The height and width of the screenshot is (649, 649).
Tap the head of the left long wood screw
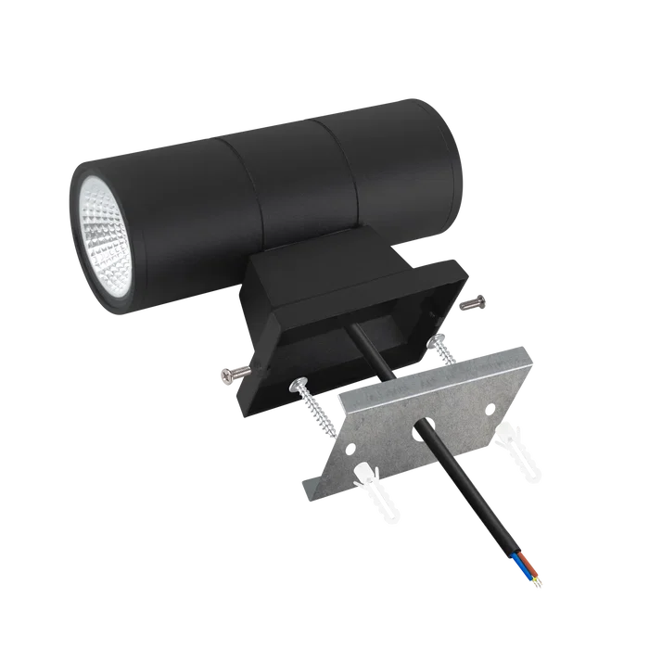(299, 382)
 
